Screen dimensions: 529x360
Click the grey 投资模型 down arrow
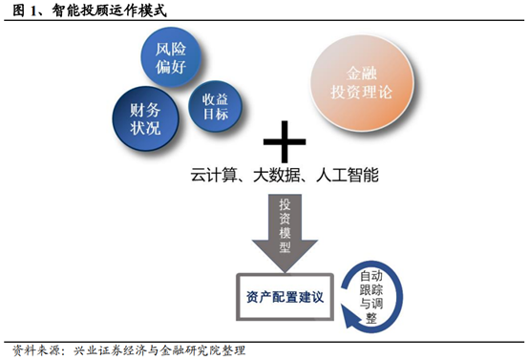click(x=285, y=230)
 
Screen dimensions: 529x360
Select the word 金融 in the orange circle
click(x=363, y=74)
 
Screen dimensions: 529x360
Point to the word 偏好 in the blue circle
click(x=175, y=66)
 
